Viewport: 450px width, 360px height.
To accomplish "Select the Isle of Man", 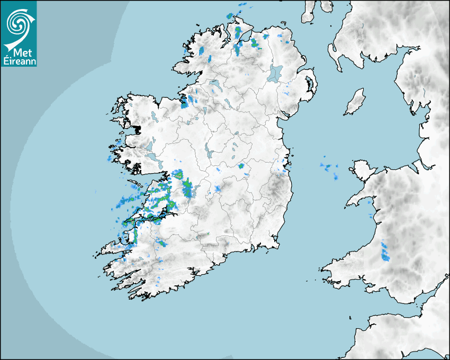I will tap(355, 102).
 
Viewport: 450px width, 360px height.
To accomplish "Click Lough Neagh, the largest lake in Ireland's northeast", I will tap(275, 73).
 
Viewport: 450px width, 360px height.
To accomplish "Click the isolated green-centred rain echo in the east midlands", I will tap(241, 166).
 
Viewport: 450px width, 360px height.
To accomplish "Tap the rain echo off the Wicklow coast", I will tap(284, 170).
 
